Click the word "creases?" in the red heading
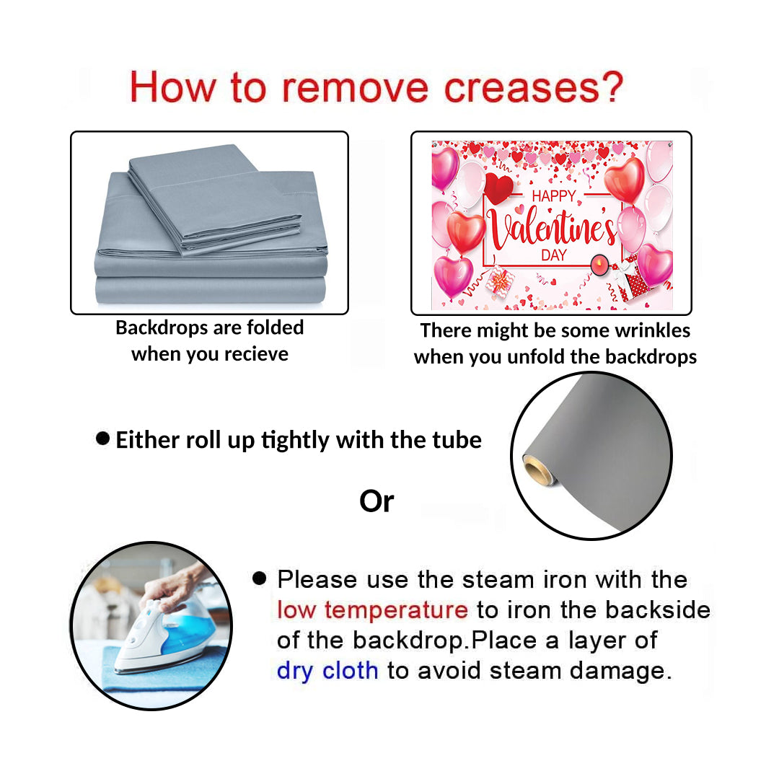tap(533, 87)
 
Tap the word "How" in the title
tap(172, 87)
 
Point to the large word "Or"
tap(377, 501)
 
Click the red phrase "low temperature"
tap(372, 609)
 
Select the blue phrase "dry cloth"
tap(327, 671)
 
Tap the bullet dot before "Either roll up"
tap(102, 439)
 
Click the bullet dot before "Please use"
tap(260, 578)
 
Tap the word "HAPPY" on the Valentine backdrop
tap(554, 196)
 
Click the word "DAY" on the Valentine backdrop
tap(554, 255)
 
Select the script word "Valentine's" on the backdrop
tap(553, 228)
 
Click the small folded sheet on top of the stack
tap(214, 199)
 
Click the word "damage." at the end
tap(621, 671)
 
